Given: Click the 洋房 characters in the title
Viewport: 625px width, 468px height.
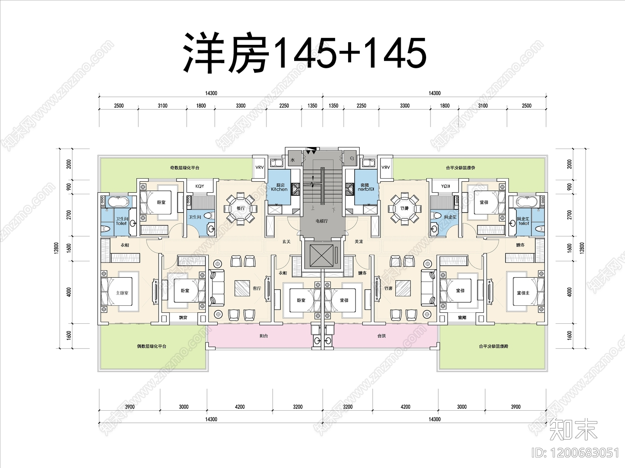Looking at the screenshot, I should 227,53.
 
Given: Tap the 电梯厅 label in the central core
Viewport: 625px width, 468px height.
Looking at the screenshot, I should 322,221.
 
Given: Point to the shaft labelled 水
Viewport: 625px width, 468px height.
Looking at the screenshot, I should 293,160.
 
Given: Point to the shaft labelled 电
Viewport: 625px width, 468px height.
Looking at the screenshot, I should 352,159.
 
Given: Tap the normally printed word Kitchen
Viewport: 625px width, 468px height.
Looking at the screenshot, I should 279,190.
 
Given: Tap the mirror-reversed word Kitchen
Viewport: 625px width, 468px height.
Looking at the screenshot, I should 366,190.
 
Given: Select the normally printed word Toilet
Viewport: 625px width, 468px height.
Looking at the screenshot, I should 121,223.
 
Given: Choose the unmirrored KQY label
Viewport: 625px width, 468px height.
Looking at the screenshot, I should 200,186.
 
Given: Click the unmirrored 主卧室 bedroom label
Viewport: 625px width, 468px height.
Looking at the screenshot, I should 122,293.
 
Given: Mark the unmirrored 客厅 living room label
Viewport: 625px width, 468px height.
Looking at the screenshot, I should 257,289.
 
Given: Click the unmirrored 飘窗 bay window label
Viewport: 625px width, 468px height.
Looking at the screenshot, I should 183,318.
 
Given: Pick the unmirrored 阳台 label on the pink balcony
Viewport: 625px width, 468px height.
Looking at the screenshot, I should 264,336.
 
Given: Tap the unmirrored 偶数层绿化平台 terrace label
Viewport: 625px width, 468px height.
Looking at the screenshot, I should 152,346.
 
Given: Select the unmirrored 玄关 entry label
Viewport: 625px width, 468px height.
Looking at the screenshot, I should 286,242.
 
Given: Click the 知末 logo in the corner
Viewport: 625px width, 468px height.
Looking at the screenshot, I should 573,429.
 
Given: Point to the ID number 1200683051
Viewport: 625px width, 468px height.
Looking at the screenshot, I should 576,453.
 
